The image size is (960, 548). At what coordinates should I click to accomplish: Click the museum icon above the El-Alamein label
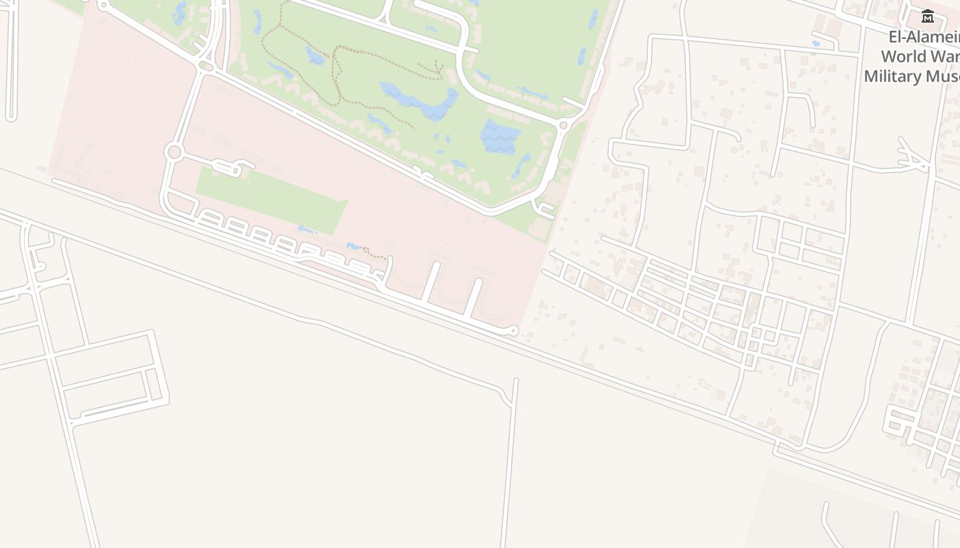tap(927, 16)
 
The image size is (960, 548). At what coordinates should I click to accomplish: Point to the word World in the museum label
tap(903, 56)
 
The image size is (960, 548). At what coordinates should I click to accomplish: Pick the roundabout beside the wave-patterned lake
tap(564, 125)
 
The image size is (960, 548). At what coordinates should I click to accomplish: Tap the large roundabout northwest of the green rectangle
tap(173, 152)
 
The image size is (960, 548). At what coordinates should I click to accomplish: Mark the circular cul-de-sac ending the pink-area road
tap(513, 331)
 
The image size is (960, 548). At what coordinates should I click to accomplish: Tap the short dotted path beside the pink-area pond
tap(374, 253)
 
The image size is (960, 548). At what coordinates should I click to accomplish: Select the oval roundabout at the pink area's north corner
tap(205, 66)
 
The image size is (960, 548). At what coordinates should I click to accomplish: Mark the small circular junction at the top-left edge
tap(103, 5)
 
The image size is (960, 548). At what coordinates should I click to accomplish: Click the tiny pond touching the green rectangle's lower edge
tap(306, 229)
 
